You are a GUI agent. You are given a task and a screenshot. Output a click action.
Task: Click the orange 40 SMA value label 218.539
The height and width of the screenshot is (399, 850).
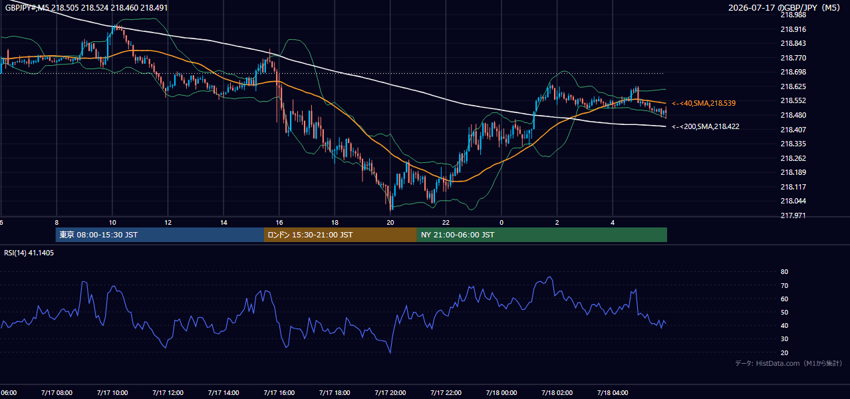[704, 103]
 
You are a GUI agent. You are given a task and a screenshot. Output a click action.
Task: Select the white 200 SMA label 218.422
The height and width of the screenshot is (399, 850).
[706, 126]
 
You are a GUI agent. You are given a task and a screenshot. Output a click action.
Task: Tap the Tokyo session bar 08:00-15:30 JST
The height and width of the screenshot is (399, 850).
[160, 235]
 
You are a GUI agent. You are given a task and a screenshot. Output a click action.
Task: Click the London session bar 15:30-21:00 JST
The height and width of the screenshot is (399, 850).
[341, 235]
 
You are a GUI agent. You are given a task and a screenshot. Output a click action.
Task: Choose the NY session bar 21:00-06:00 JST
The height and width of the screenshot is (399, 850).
[542, 235]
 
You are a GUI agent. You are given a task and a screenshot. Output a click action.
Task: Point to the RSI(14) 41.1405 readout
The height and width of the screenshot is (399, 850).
[29, 253]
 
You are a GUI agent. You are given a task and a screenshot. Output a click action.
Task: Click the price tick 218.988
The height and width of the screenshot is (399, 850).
[793, 15]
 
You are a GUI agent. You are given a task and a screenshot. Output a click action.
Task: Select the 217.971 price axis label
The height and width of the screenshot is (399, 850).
[793, 215]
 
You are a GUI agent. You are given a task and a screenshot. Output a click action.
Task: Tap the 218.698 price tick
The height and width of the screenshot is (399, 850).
[793, 72]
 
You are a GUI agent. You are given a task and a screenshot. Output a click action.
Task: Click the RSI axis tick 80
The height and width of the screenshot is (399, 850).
[784, 271]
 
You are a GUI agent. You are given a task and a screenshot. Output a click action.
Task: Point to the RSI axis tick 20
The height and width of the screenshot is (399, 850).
[784, 352]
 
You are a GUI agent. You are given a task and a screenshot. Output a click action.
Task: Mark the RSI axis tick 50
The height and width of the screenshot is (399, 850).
[784, 312]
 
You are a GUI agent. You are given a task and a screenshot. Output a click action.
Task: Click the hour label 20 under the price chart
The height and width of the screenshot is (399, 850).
[390, 223]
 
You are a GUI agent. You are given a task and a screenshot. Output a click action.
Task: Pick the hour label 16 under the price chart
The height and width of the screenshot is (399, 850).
[279, 223]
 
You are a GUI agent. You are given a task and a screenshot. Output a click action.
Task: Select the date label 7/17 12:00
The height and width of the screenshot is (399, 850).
[168, 393]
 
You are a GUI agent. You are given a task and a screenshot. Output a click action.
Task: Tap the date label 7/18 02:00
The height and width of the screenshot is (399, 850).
[557, 393]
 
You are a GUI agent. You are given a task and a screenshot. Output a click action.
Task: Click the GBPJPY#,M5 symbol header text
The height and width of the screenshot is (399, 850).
[27, 8]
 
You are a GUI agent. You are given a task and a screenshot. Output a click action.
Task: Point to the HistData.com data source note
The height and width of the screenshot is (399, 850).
[788, 363]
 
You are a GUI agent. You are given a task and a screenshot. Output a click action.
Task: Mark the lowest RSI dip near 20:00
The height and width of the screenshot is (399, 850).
[390, 352]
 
